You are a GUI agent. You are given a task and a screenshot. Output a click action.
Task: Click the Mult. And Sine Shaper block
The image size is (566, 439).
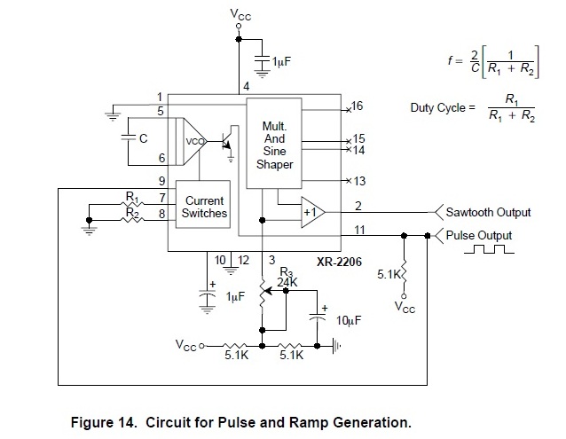point(274,145)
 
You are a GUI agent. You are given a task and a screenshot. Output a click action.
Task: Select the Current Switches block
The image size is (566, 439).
point(204,208)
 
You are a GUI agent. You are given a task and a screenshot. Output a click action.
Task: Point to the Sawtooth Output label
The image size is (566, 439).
point(488,213)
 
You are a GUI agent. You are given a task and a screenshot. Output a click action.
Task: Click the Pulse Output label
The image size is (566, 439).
point(479,236)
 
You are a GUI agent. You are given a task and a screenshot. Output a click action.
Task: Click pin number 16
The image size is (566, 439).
point(358,106)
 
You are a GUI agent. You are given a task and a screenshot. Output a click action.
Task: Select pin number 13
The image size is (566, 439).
point(358,181)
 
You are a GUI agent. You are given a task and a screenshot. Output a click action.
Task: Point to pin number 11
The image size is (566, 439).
point(358,231)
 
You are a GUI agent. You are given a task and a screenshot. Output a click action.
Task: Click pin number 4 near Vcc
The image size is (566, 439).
point(247,86)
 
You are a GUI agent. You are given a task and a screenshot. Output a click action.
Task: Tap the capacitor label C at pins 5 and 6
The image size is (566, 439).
point(142,138)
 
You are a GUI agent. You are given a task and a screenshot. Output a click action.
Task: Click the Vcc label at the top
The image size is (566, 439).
point(240,14)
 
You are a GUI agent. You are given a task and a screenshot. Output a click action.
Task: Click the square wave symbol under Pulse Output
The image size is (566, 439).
point(494,251)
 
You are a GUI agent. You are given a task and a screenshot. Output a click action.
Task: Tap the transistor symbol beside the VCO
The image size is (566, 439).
point(229,139)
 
